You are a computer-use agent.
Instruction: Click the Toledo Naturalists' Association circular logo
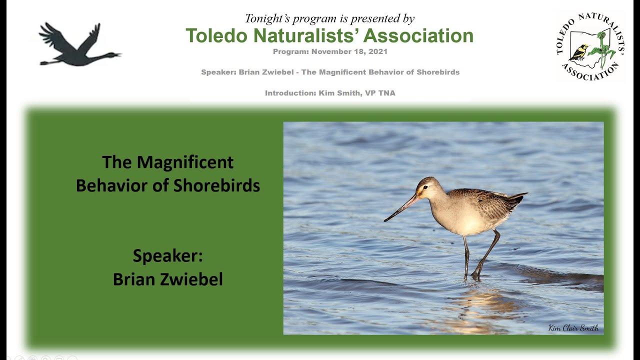[x=590, y=46]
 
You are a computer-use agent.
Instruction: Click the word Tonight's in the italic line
[x=267, y=19]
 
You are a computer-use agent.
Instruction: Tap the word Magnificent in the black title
[x=184, y=162]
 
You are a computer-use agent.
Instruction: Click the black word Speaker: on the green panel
[x=167, y=256]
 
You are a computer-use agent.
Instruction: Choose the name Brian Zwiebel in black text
[x=167, y=279]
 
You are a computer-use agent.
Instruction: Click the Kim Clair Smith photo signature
[x=573, y=328]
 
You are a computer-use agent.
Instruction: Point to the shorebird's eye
[x=425, y=188]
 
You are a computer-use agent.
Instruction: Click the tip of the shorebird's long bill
[x=385, y=220]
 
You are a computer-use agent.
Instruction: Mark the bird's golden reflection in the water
[x=475, y=305]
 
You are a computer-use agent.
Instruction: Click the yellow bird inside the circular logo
[x=580, y=52]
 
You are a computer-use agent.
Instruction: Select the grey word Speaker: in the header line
[x=218, y=72]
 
